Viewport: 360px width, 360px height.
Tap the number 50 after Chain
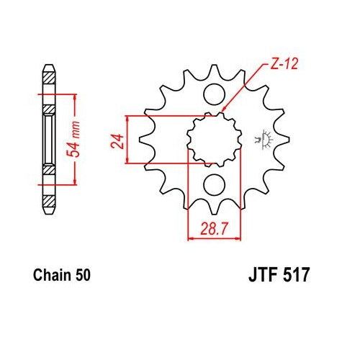click(x=82, y=274)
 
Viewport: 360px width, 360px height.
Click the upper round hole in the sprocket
click(x=214, y=94)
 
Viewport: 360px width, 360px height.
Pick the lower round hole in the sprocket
click(x=214, y=184)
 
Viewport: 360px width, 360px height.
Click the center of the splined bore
click(x=214, y=138)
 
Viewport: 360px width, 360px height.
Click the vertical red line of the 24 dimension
click(x=127, y=138)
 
